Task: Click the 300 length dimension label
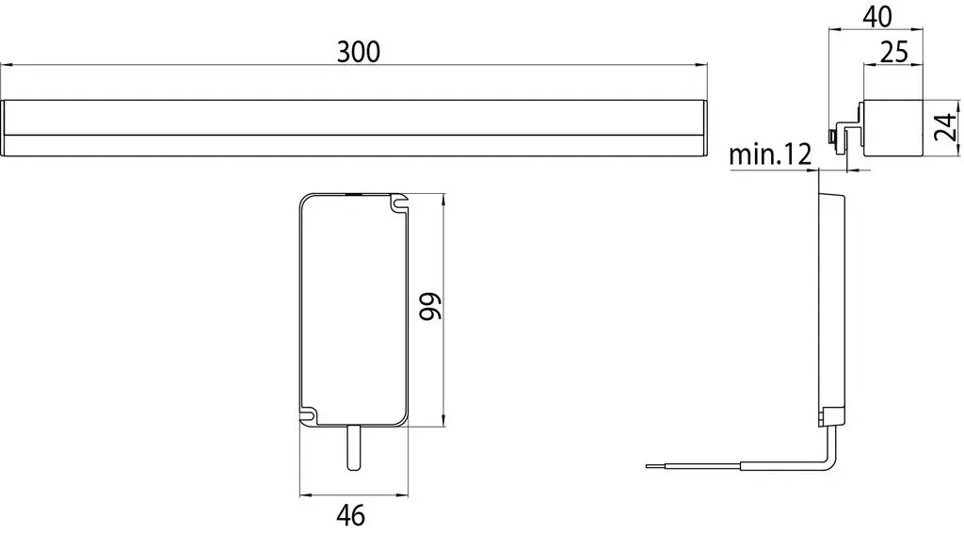click(x=359, y=52)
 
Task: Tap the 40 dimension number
click(x=877, y=17)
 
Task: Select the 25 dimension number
click(x=894, y=53)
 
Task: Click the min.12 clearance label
click(x=770, y=154)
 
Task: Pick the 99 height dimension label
click(x=431, y=306)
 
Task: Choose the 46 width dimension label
click(x=351, y=514)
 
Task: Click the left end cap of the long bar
click(x=3, y=128)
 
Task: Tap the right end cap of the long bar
click(x=703, y=128)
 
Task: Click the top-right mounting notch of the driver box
click(x=399, y=203)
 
